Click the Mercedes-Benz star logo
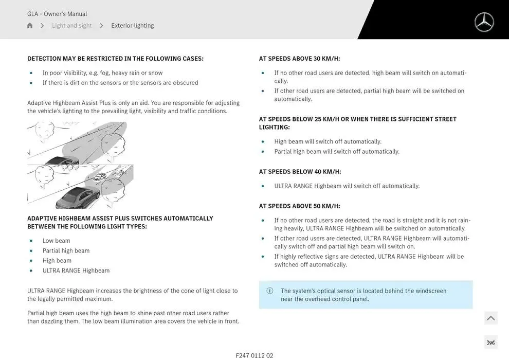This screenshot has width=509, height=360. [x=484, y=22]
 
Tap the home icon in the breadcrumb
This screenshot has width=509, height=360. [x=30, y=26]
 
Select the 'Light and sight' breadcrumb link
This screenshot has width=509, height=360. [x=71, y=26]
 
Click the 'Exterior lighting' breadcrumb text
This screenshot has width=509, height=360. [x=132, y=26]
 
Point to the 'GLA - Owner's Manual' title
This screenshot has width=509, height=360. [x=57, y=14]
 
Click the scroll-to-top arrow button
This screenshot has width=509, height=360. [x=490, y=318]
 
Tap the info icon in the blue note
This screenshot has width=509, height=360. [x=270, y=291]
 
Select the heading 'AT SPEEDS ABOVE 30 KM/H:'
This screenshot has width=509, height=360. [x=299, y=59]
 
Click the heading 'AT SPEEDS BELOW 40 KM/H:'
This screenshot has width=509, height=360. [x=300, y=172]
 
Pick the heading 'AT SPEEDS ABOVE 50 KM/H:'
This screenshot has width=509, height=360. [x=299, y=206]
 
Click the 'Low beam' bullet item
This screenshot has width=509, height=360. [x=56, y=241]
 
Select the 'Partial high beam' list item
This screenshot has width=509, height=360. [x=66, y=251]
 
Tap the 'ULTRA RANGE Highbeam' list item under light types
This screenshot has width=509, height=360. [x=76, y=271]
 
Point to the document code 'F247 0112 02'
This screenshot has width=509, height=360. [x=254, y=355]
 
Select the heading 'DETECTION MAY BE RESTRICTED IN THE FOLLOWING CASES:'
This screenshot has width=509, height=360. [x=115, y=59]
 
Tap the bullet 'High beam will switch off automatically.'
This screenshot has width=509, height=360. [x=328, y=142]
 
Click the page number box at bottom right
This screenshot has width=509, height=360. [x=490, y=343]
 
